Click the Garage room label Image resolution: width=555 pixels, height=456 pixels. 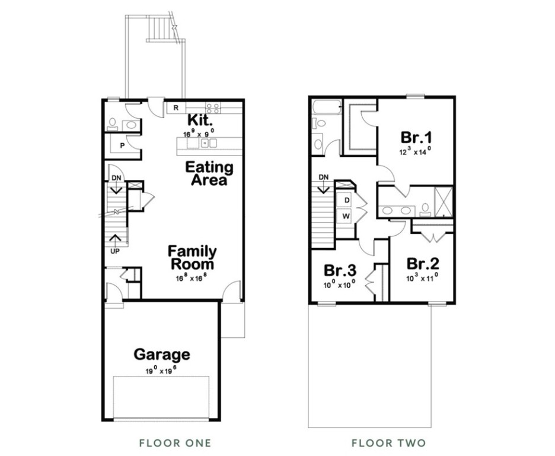click(162, 354)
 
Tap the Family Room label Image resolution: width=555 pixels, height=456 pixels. click(192, 258)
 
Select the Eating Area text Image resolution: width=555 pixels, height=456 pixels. click(209, 173)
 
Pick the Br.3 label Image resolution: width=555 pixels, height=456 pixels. click(340, 270)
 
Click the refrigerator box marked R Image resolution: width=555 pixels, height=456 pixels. click(176, 107)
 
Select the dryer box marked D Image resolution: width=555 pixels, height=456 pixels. click(346, 200)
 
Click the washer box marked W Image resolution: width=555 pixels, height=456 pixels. click(346, 216)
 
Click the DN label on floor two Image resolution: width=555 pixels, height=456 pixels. click(324, 177)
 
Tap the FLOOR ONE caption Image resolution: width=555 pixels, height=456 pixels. click(175, 443)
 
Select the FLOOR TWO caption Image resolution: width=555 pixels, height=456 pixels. click(388, 443)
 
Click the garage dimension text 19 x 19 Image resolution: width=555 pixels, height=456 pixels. click(161, 370)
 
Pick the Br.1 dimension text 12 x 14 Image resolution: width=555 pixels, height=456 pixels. click(414, 152)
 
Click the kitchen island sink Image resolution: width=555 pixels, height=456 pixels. click(205, 143)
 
